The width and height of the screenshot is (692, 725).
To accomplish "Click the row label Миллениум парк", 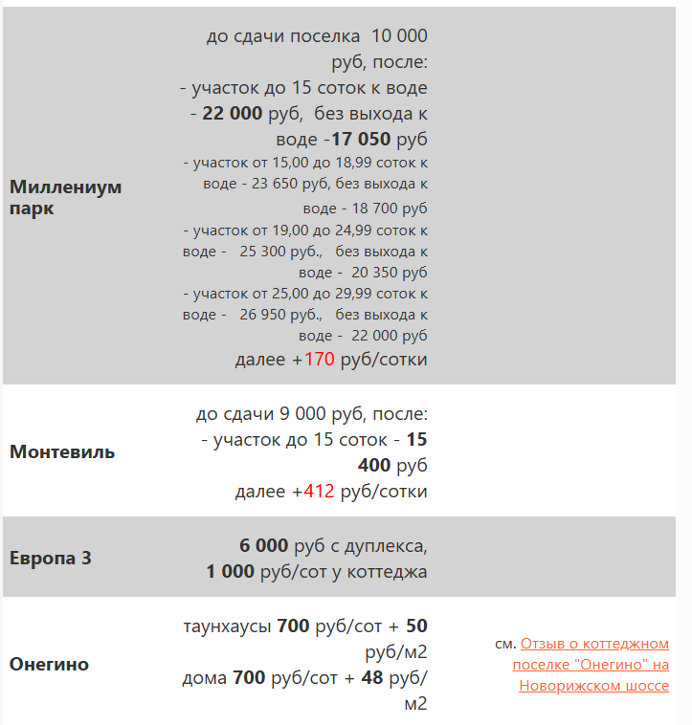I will [65, 197].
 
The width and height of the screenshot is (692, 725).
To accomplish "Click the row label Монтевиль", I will [62, 451].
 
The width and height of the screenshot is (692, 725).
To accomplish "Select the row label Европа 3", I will [51, 558].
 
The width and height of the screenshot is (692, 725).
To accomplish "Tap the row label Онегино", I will [49, 664].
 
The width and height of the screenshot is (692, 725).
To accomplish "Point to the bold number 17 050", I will [361, 139].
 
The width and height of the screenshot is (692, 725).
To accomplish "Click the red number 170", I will [320, 360].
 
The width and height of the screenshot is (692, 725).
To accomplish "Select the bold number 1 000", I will [231, 572].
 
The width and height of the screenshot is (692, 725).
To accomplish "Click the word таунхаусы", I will [227, 627].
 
